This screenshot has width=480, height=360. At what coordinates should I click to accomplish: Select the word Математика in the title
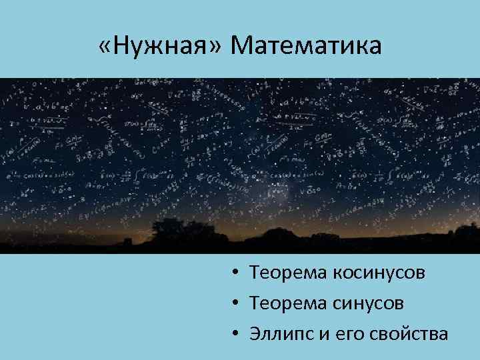pyautogui.click(x=307, y=46)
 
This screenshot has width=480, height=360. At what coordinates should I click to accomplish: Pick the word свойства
pyautogui.click(x=409, y=334)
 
